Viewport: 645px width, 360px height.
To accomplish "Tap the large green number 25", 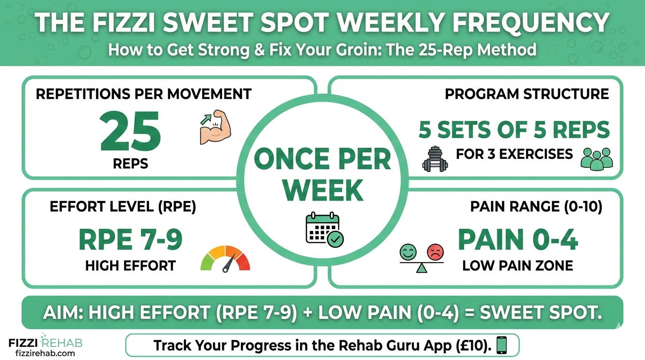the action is coord(130,131).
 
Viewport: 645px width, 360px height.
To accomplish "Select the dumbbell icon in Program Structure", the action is coord(435,159).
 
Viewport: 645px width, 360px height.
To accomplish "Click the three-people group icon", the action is coord(597,159).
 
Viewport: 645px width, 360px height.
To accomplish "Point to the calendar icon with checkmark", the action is coord(324,230).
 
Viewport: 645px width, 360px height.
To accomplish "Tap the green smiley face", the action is coord(408,252).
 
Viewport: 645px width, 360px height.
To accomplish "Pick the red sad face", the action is coord(435,252).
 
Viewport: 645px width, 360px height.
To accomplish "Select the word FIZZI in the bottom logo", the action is coord(23,343).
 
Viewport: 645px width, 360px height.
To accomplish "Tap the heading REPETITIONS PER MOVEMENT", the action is coord(144,94).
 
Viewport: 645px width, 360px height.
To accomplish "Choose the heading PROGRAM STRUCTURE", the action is coord(527,94).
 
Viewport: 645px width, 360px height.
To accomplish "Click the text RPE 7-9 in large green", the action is coord(130,240).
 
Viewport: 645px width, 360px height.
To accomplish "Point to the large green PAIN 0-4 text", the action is coord(517,240).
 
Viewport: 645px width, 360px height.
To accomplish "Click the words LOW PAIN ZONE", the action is coord(517,265).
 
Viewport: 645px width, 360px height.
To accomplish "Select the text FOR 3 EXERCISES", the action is coord(514,154).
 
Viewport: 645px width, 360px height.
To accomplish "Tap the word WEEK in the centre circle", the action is coord(322,190).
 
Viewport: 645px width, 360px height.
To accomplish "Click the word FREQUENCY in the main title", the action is coord(531,22).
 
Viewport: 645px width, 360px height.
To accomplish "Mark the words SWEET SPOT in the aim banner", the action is coord(541,312).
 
